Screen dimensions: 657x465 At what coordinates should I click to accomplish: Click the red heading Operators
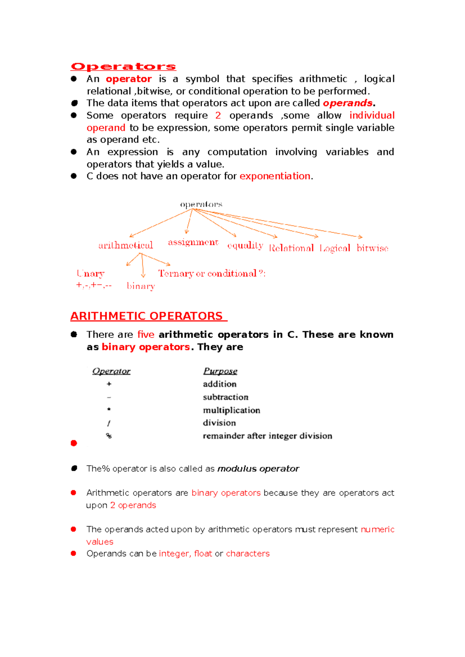click(x=123, y=67)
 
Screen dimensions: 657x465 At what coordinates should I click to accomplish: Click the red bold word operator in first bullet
click(x=129, y=79)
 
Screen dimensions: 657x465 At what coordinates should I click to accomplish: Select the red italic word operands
click(x=348, y=103)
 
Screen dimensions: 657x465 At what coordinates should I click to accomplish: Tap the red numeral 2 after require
click(x=218, y=115)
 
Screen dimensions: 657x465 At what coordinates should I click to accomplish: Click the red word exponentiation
click(x=275, y=176)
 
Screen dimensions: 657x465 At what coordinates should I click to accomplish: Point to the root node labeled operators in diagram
click(x=201, y=204)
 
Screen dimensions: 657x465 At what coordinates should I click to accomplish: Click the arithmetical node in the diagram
click(x=126, y=245)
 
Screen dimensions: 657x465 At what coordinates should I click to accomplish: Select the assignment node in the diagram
click(x=193, y=243)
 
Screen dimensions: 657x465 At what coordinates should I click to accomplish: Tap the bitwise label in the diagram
click(x=372, y=248)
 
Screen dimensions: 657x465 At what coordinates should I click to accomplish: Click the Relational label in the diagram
click(x=291, y=248)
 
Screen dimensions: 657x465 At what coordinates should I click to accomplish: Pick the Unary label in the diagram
click(x=91, y=273)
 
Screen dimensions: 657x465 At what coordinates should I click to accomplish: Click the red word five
click(x=146, y=335)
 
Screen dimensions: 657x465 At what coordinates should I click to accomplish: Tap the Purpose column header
click(x=220, y=371)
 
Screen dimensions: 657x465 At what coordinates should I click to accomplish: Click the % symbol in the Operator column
click(x=109, y=436)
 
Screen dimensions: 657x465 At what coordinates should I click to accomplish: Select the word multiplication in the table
click(x=231, y=410)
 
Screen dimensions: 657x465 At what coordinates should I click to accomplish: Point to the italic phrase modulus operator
click(x=258, y=469)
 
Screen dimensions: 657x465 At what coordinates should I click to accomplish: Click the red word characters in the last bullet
click(x=248, y=554)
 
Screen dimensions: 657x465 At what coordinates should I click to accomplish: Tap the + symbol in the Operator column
click(x=109, y=384)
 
